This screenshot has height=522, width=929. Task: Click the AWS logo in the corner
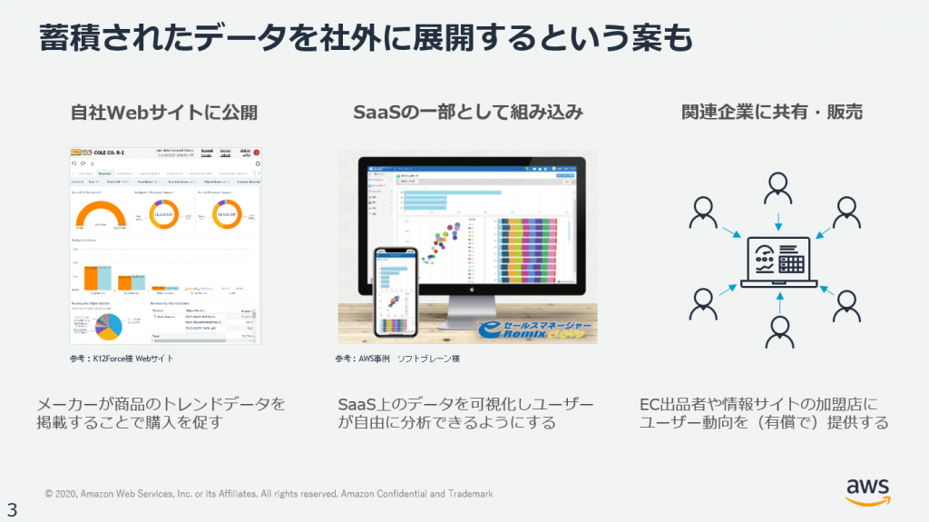point(867,490)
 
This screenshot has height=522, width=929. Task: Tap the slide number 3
point(13,508)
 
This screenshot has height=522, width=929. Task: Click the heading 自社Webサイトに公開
point(164,112)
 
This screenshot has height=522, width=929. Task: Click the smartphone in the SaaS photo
point(397,291)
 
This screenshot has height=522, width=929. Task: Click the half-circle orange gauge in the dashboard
point(100,215)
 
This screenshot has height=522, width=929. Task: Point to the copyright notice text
point(269,494)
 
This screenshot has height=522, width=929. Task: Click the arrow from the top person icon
point(777,223)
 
